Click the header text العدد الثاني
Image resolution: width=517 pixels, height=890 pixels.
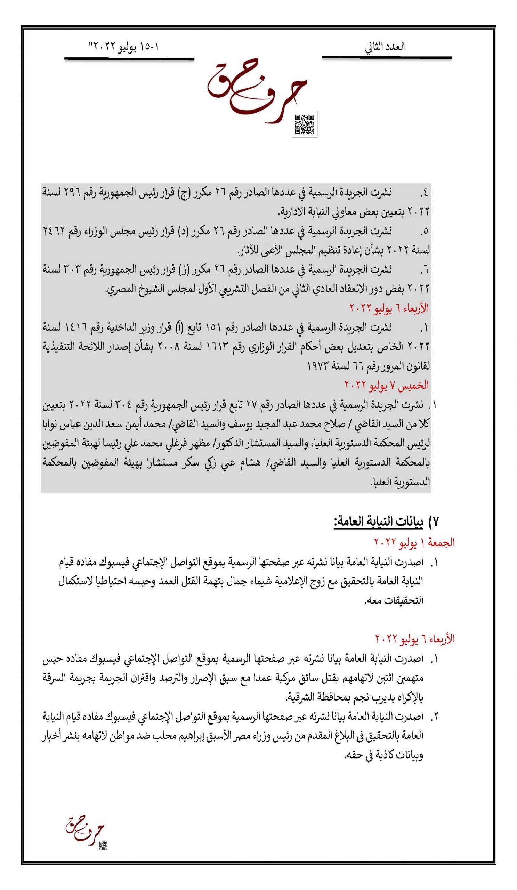coord(385,47)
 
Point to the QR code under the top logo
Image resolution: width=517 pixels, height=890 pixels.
coord(304,124)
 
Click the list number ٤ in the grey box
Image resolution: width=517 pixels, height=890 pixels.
coord(424,193)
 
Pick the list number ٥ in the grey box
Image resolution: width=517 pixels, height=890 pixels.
coord(424,232)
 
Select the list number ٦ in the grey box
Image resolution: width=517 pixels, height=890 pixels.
coord(424,270)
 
